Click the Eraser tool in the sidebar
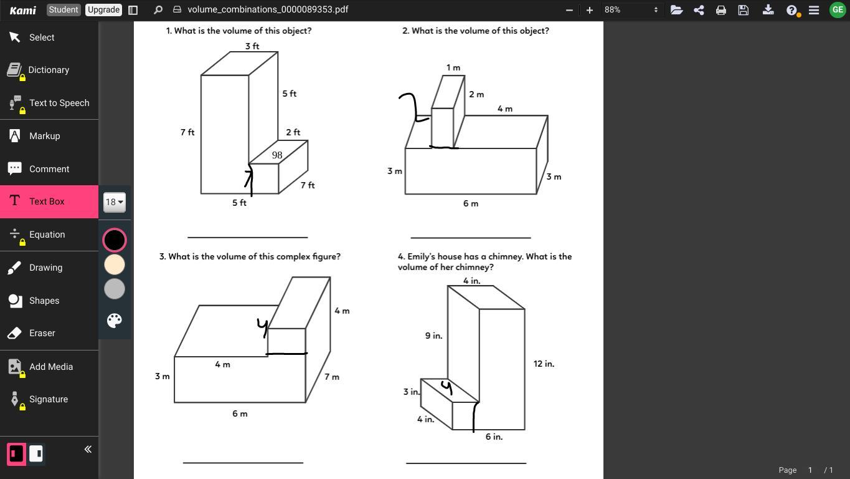tap(42, 333)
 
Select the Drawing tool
tap(45, 268)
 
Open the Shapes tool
tap(44, 301)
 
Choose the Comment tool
tap(49, 169)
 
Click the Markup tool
tap(44, 136)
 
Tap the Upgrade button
tap(103, 10)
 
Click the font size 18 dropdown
tap(115, 202)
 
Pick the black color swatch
tap(115, 240)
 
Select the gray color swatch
tap(115, 289)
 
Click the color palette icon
tap(115, 321)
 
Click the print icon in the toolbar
tap(721, 10)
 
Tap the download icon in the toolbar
tap(768, 10)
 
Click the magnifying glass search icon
tap(158, 10)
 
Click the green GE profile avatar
tap(838, 10)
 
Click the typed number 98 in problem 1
tap(277, 155)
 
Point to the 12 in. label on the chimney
tap(544, 364)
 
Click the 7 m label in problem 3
tap(332, 377)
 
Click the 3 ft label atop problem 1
tap(252, 46)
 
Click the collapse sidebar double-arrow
tap(88, 449)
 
